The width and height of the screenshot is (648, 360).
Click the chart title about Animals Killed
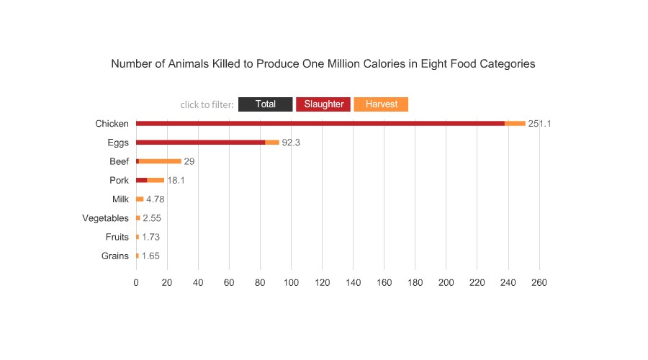click(x=323, y=63)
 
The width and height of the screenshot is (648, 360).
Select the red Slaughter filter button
click(x=323, y=104)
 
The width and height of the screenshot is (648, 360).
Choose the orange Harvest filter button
click(x=381, y=104)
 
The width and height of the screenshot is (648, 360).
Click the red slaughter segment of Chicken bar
click(x=320, y=124)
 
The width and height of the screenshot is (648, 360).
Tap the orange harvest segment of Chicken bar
click(x=515, y=124)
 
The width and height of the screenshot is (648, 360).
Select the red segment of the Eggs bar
click(x=200, y=143)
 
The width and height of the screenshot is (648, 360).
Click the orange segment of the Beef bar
click(x=160, y=161)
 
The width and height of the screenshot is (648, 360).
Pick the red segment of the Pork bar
click(x=142, y=180)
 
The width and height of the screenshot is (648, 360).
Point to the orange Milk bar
click(x=140, y=199)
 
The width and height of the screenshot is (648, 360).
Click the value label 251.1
click(x=539, y=124)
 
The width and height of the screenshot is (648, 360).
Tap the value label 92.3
click(x=291, y=143)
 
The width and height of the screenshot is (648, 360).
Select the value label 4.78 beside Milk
click(x=156, y=199)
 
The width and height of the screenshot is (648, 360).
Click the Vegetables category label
click(x=106, y=218)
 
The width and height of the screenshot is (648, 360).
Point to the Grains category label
click(x=116, y=256)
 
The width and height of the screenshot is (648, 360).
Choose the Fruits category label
click(x=117, y=237)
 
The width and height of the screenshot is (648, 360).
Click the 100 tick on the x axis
click(x=291, y=283)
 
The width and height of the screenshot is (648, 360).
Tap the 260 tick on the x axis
click(x=539, y=283)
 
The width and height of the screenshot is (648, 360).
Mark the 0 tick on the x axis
click(x=136, y=283)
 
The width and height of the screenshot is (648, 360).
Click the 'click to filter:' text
click(x=207, y=105)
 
